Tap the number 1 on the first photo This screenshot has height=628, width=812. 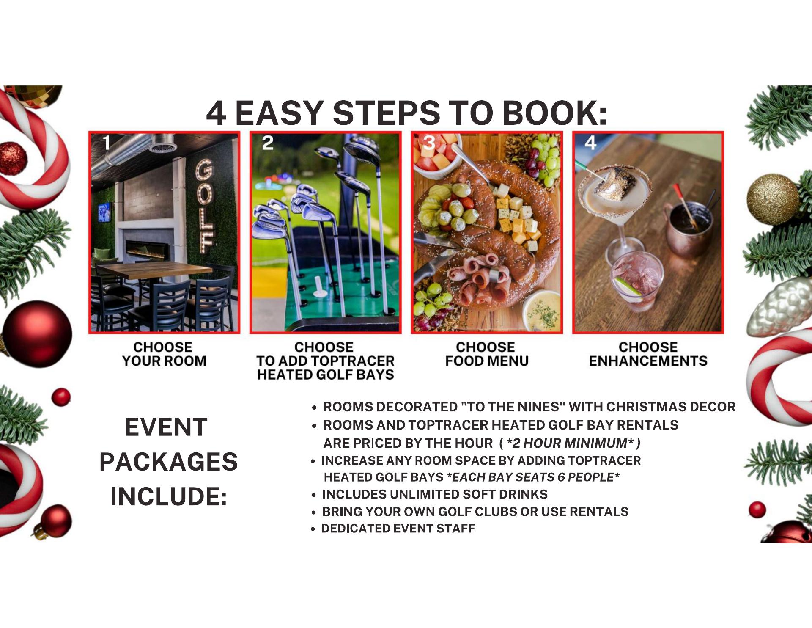click(107, 143)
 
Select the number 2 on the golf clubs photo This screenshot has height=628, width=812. click(268, 143)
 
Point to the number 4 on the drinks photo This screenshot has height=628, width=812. click(590, 143)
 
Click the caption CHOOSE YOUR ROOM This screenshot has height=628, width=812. click(164, 354)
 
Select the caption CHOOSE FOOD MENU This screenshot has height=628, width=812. click(487, 354)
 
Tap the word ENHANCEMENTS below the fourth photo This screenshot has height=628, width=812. click(648, 361)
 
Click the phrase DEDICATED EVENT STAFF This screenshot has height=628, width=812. click(398, 529)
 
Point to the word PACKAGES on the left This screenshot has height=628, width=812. click(168, 461)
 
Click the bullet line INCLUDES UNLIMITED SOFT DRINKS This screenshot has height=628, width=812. click(435, 494)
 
